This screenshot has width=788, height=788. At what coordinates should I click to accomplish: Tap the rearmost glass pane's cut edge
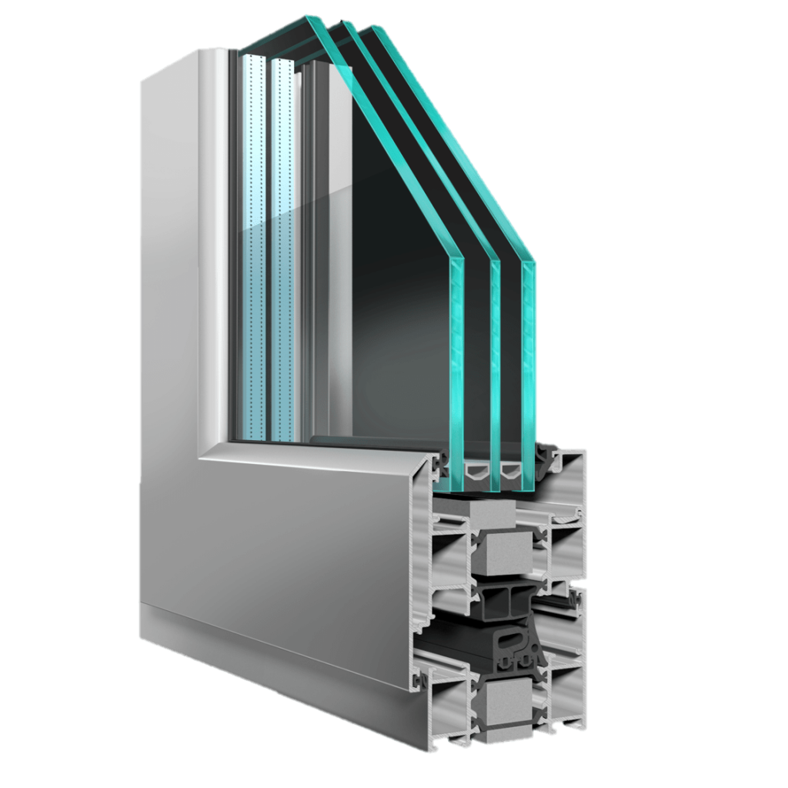528,369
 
